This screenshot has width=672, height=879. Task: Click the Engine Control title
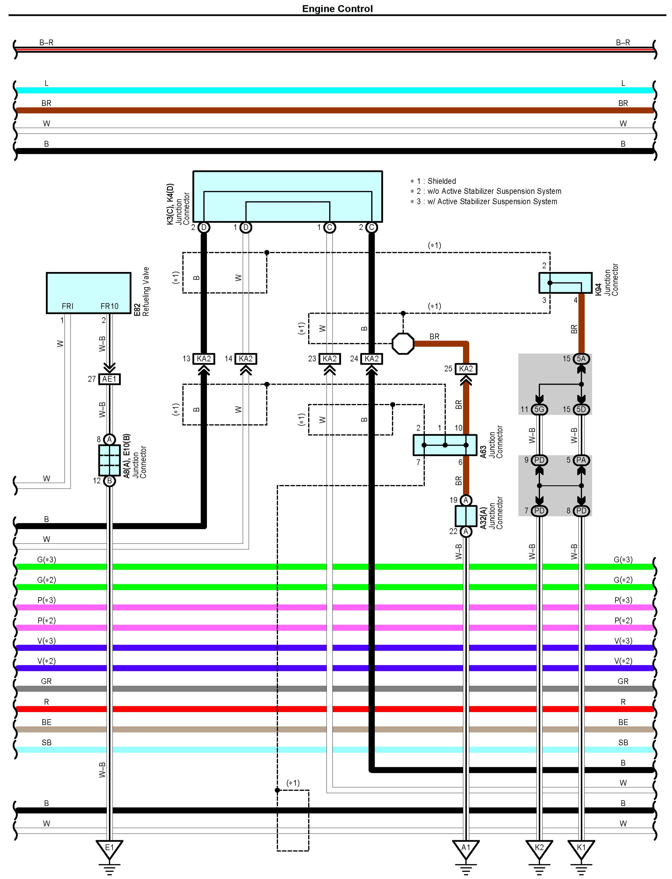[337, 9]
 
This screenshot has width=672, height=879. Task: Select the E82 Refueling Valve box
[89, 293]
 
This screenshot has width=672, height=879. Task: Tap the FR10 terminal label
[109, 306]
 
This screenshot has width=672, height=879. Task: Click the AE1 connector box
[109, 379]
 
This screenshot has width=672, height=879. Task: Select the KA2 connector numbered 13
[204, 359]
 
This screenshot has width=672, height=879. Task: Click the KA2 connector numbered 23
[329, 359]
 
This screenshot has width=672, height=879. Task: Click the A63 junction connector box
[445, 445]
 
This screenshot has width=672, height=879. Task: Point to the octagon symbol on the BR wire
[403, 344]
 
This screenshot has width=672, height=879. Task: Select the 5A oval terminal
[581, 359]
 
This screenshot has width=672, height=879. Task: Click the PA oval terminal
[581, 460]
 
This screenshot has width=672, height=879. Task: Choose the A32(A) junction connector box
[466, 516]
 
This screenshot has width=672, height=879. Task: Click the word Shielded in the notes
[442, 181]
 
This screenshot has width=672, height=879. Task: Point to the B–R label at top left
[46, 42]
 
